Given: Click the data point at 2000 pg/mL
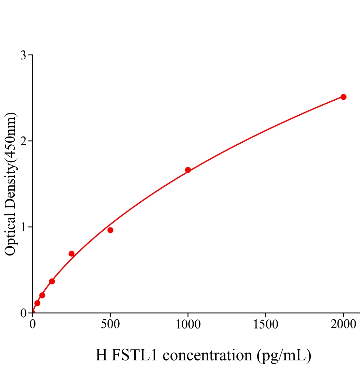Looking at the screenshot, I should pyautogui.click(x=343, y=97).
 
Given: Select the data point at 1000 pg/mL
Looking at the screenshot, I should pyautogui.click(x=188, y=170).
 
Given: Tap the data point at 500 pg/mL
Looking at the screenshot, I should pyautogui.click(x=110, y=230).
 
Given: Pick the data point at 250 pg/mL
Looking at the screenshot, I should pyautogui.click(x=71, y=253).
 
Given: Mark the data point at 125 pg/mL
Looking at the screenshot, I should pyautogui.click(x=52, y=281).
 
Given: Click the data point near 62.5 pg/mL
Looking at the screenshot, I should pyautogui.click(x=42, y=295).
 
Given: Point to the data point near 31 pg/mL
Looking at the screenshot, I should pyautogui.click(x=37, y=303).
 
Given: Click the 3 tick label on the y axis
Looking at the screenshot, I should pyautogui.click(x=23, y=55).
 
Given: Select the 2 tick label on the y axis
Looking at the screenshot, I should pyautogui.click(x=23, y=141).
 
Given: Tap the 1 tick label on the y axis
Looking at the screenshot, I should pyautogui.click(x=23, y=227).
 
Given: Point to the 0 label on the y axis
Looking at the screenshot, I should pyautogui.click(x=23, y=313).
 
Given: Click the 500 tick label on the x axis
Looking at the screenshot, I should pyautogui.click(x=110, y=325).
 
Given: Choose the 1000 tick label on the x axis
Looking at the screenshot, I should pyautogui.click(x=188, y=325).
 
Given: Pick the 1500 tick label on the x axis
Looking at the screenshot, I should pyautogui.click(x=265, y=325).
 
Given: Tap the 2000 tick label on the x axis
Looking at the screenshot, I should pyautogui.click(x=343, y=325).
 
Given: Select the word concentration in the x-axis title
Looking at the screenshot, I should pyautogui.click(x=207, y=355).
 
